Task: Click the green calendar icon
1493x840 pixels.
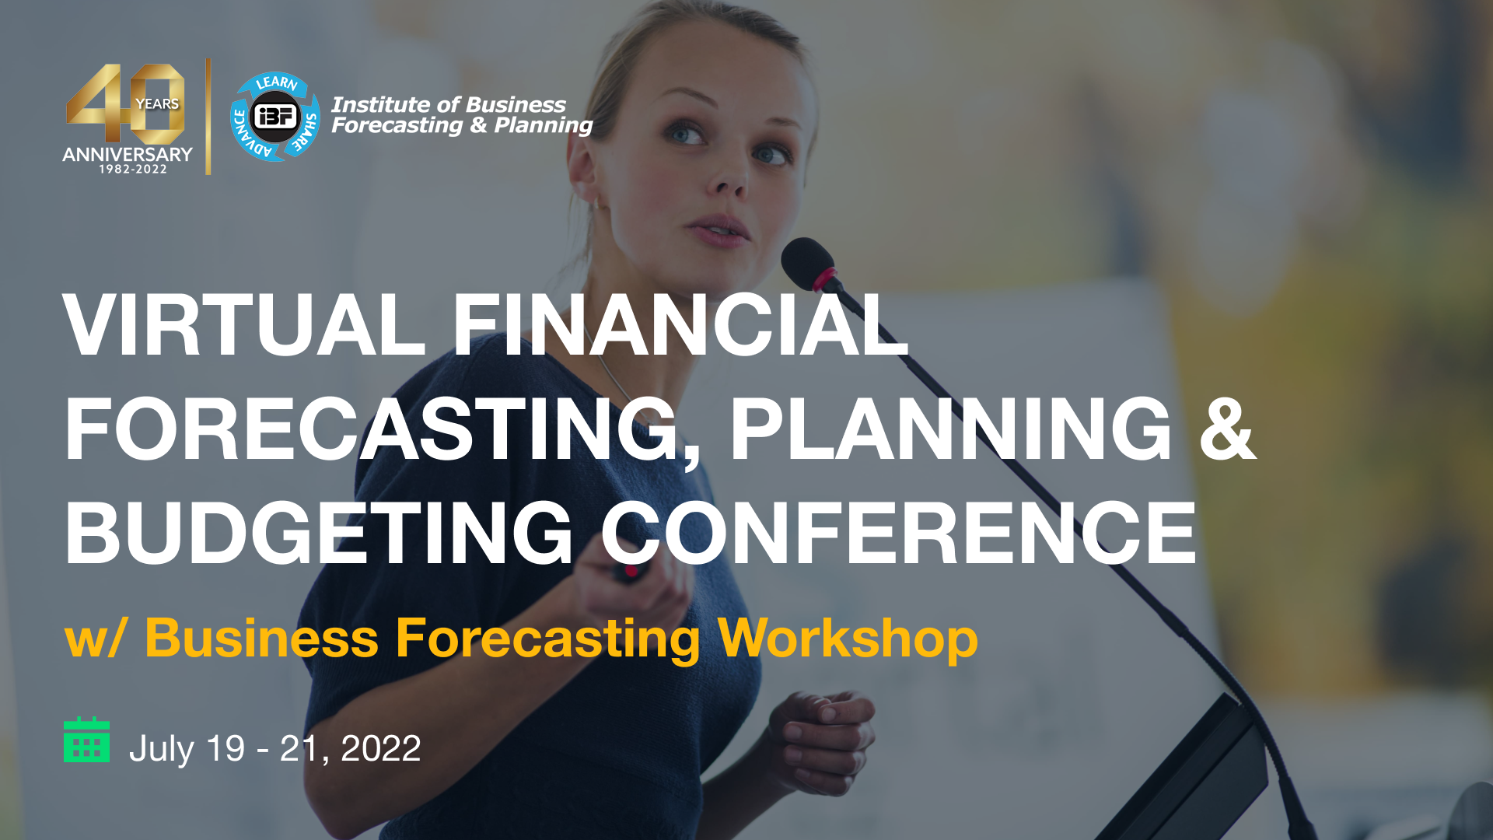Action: tap(86, 740)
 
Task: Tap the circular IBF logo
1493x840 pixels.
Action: tap(275, 117)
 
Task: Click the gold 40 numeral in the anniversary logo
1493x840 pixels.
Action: tap(125, 104)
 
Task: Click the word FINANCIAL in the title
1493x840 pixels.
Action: tap(680, 324)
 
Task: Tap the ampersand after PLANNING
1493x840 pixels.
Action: tap(1227, 429)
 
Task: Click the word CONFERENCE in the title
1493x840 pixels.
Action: tap(899, 533)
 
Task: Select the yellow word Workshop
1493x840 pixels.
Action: tap(848, 639)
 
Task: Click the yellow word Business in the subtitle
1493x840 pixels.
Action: tap(262, 638)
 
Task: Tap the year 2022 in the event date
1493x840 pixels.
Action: tap(381, 748)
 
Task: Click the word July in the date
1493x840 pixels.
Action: tap(161, 750)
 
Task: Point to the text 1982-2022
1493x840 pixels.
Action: tap(133, 169)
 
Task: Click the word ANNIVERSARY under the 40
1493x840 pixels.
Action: tap(128, 154)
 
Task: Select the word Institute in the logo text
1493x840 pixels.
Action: tap(381, 104)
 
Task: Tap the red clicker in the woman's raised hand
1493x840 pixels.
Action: tap(631, 572)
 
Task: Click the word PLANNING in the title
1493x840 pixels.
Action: tap(950, 429)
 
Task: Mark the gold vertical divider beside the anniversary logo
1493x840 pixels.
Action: tap(208, 117)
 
